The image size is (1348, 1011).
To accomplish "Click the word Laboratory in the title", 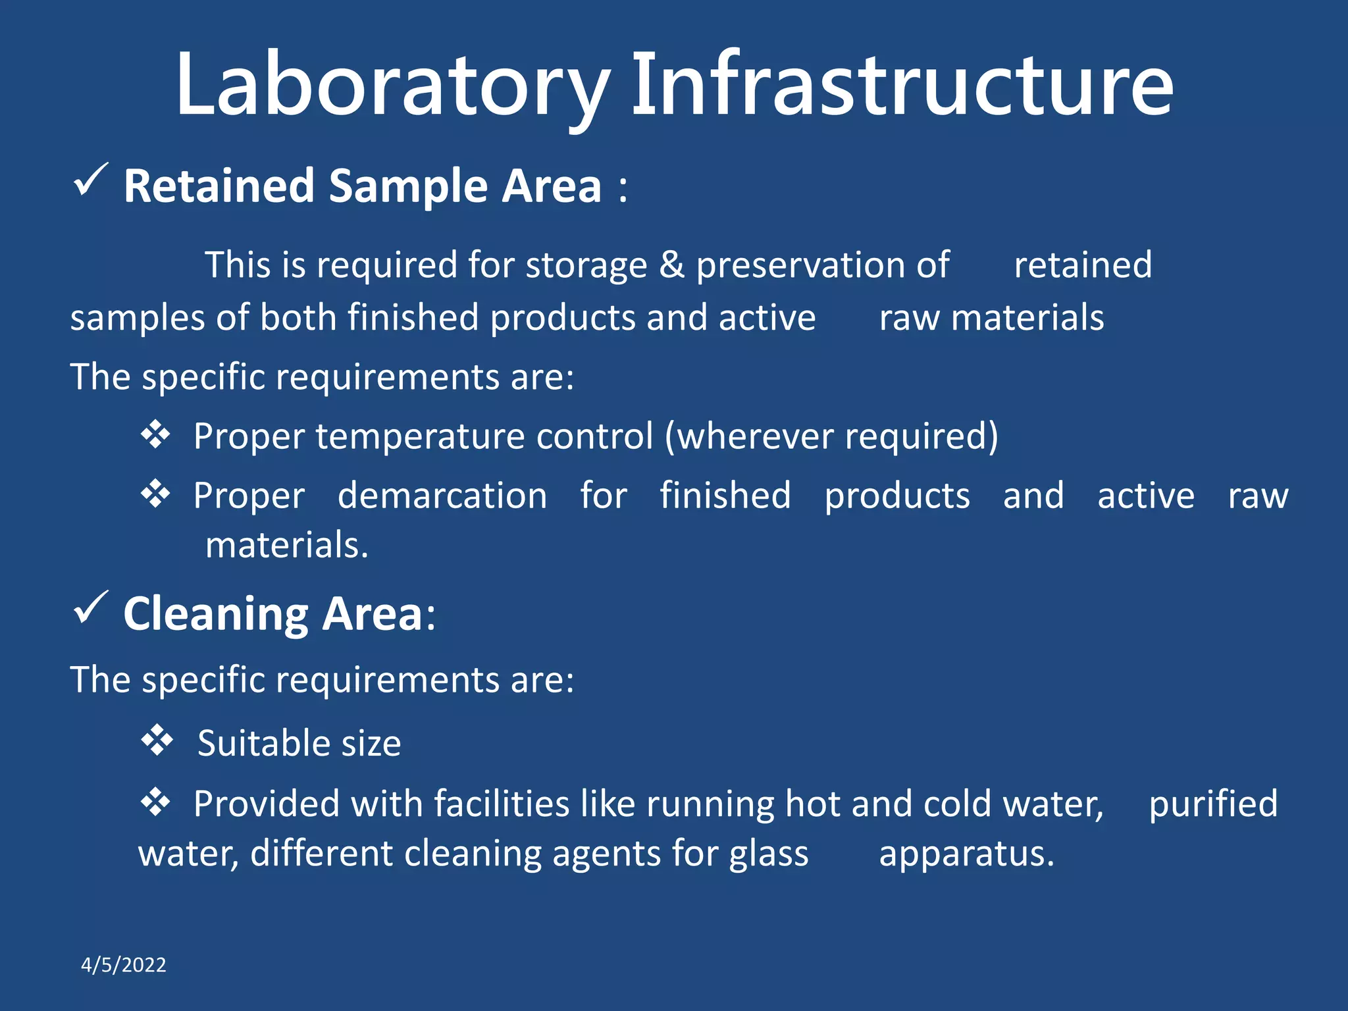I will pos(392,86).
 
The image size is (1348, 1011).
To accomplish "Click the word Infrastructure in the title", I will pos(902,86).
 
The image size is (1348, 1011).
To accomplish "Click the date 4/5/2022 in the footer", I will pos(123,965).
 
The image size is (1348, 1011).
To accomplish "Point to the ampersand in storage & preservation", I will pos(672,265).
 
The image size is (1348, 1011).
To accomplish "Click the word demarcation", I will pos(442,495).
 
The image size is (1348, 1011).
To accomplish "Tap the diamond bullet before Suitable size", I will pos(157,740).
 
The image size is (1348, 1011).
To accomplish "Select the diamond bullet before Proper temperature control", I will pos(155,434).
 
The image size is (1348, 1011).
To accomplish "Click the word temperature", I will pos(419,436).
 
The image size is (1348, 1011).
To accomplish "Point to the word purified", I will pos(1213,804).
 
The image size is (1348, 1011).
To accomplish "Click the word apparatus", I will pos(966,854).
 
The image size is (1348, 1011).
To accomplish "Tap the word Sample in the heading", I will pos(408,186).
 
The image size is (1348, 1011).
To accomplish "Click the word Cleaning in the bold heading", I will pos(216,614).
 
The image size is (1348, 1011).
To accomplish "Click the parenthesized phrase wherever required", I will pos(831,436).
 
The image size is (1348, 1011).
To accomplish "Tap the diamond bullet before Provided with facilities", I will pos(155,802).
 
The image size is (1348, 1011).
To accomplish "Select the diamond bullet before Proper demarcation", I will pos(155,493).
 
